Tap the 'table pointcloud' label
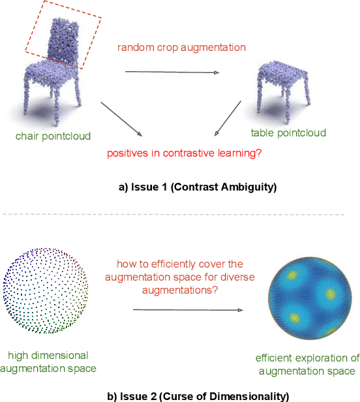288,133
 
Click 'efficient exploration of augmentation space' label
307,364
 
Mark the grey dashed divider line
179,214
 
